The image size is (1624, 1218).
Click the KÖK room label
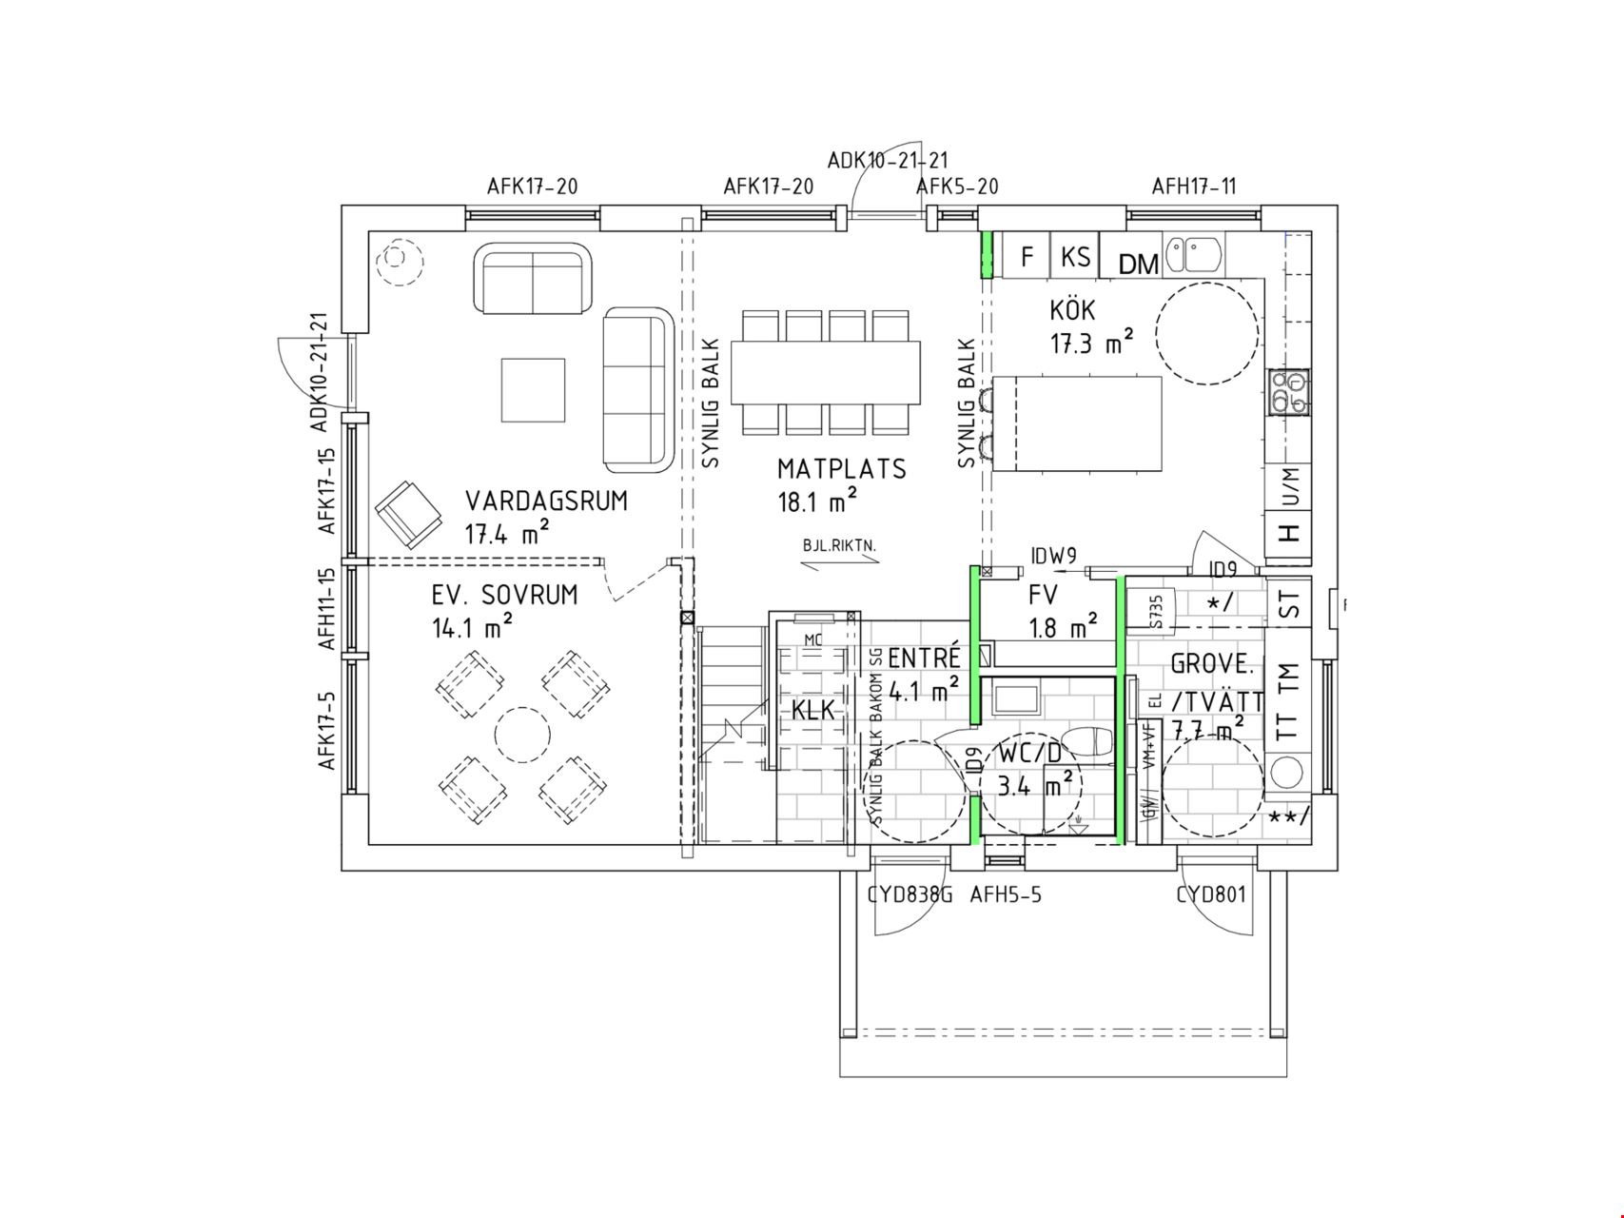point(1072,310)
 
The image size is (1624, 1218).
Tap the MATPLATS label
point(841,469)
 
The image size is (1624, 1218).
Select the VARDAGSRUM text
point(546,501)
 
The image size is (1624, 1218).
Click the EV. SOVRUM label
point(504,596)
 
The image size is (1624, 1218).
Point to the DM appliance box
point(1138,264)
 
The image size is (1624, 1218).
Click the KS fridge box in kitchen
point(1075,257)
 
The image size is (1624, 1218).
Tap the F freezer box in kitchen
point(1027,257)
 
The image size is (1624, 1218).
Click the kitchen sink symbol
point(1195,253)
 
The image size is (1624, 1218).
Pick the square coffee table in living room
point(533,390)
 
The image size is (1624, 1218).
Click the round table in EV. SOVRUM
point(521,735)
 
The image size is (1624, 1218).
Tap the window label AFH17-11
point(1194,187)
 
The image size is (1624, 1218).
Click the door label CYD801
point(1210,894)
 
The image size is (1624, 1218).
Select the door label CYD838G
point(910,894)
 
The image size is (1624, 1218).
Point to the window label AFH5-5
point(1006,894)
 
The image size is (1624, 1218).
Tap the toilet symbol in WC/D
point(1086,743)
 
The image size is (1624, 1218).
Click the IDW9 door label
point(1053,556)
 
